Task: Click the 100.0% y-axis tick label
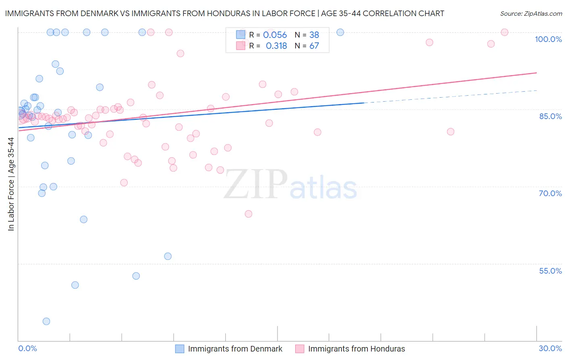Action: pyautogui.click(x=548, y=39)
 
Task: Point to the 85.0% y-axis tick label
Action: pyautogui.click(x=550, y=116)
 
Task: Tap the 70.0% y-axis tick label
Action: pyautogui.click(x=550, y=193)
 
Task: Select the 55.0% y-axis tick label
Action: pyautogui.click(x=550, y=271)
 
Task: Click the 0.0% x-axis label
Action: pyautogui.click(x=27, y=348)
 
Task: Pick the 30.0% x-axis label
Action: pyautogui.click(x=550, y=348)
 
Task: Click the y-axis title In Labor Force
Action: pyautogui.click(x=11, y=184)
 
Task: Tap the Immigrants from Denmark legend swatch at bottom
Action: pyautogui.click(x=179, y=349)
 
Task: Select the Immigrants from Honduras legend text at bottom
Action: pyautogui.click(x=356, y=349)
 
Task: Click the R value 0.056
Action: pyautogui.click(x=275, y=35)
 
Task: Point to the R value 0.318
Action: pyautogui.click(x=276, y=46)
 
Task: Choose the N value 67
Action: pyautogui.click(x=314, y=46)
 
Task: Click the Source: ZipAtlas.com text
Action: pyautogui.click(x=531, y=14)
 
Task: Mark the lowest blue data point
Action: pyautogui.click(x=46, y=321)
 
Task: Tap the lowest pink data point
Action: pyautogui.click(x=248, y=214)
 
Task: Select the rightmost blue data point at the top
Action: pyautogui.click(x=340, y=32)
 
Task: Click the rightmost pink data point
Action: pyautogui.click(x=504, y=32)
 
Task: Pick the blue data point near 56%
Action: pyautogui.click(x=168, y=256)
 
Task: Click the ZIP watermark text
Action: pyautogui.click(x=256, y=185)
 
